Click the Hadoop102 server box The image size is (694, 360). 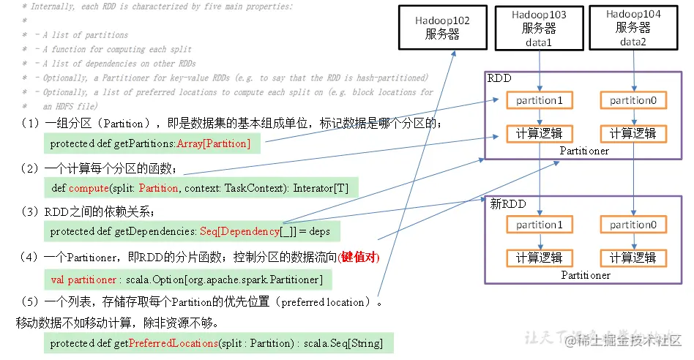(442, 27)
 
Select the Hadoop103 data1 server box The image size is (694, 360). (539, 28)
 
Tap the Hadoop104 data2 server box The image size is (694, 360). (633, 28)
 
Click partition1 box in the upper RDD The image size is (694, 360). (540, 100)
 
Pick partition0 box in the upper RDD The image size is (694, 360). (633, 100)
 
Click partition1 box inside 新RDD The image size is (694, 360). (540, 225)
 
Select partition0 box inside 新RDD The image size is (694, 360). (633, 225)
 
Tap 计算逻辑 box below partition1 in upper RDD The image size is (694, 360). (540, 133)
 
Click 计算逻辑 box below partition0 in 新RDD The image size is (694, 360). (633, 258)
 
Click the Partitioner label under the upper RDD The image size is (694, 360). (584, 151)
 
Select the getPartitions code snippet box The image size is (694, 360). (151, 144)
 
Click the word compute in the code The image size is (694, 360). (88, 188)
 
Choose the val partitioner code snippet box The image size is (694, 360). (187, 280)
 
